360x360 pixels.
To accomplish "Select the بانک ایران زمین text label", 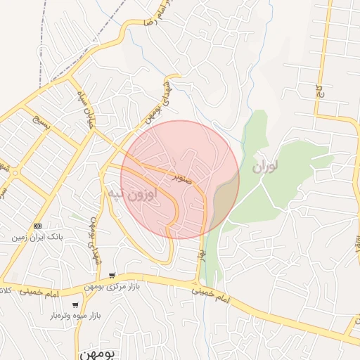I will point(37,238).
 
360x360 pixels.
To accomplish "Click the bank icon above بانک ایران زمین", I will point(37,226).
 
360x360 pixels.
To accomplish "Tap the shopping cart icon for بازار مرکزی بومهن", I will point(112,275).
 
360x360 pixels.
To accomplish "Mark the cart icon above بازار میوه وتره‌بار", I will point(75,305).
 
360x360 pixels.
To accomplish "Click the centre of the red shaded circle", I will point(180,179).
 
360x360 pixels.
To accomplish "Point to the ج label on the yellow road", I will point(319,92).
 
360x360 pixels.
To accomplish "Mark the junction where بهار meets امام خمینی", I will point(196,283).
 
